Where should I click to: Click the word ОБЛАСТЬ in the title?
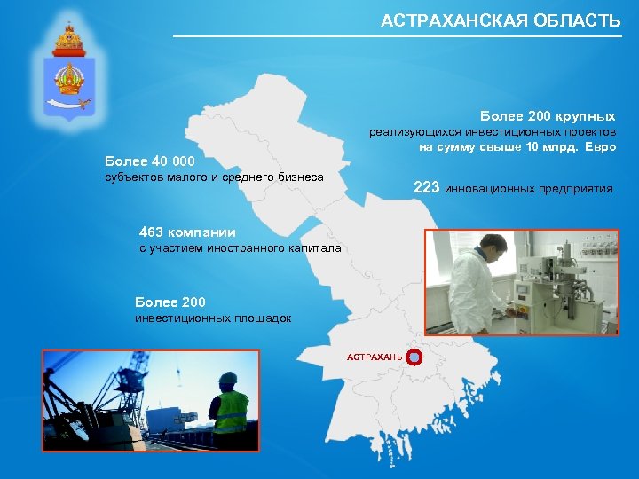[x=578, y=20]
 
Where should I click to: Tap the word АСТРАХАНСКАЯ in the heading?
[x=455, y=20]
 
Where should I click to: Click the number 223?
[x=427, y=187]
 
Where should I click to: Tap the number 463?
[x=152, y=232]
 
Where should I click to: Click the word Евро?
[x=596, y=146]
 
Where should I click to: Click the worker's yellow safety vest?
[x=231, y=410]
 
